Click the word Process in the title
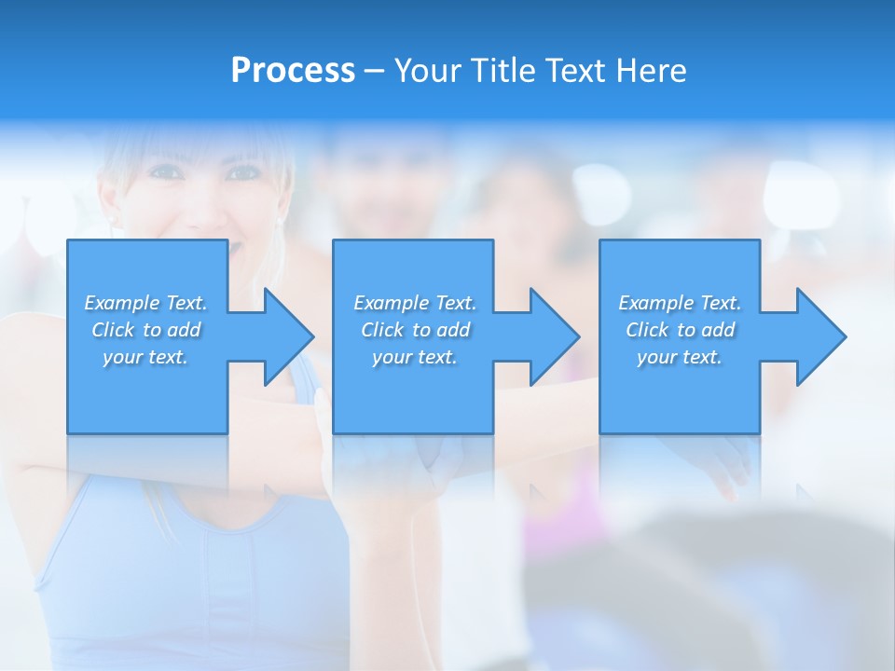[x=293, y=71]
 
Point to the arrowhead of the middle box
[x=554, y=336]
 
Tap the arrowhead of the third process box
[x=820, y=336]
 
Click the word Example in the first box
[x=122, y=303]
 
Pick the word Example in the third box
[x=656, y=303]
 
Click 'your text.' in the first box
[x=145, y=357]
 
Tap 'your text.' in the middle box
[x=415, y=357]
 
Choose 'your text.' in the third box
[x=680, y=357]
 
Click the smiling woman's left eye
[x=166, y=171]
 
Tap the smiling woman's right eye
[x=244, y=172]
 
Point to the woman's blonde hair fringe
[x=186, y=144]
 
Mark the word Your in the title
[x=426, y=71]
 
